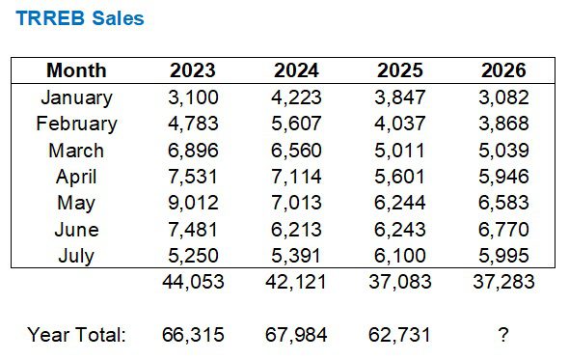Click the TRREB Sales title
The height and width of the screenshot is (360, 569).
click(80, 18)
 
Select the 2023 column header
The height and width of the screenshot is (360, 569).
click(193, 70)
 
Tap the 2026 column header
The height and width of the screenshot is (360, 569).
click(503, 70)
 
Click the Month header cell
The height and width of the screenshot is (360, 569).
click(76, 70)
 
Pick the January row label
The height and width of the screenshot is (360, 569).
click(76, 97)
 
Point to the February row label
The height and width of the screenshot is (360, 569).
click(76, 124)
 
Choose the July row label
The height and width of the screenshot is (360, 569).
click(76, 256)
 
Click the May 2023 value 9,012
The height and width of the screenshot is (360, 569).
click(193, 203)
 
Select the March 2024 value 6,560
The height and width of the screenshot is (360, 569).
click(296, 151)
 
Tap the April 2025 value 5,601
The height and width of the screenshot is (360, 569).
click(399, 177)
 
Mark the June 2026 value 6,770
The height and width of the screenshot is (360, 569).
click(503, 230)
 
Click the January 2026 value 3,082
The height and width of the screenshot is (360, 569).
click(503, 97)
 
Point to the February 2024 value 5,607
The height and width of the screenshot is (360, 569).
click(296, 124)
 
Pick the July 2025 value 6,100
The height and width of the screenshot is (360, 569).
click(400, 256)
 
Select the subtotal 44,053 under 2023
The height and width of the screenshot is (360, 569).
click(193, 282)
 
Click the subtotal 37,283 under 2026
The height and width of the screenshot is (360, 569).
click(503, 282)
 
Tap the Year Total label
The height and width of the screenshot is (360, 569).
click(76, 335)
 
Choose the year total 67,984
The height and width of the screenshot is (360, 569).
click(296, 335)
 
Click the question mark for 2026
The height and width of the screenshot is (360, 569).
click(503, 335)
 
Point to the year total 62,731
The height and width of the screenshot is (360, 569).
click(399, 335)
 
